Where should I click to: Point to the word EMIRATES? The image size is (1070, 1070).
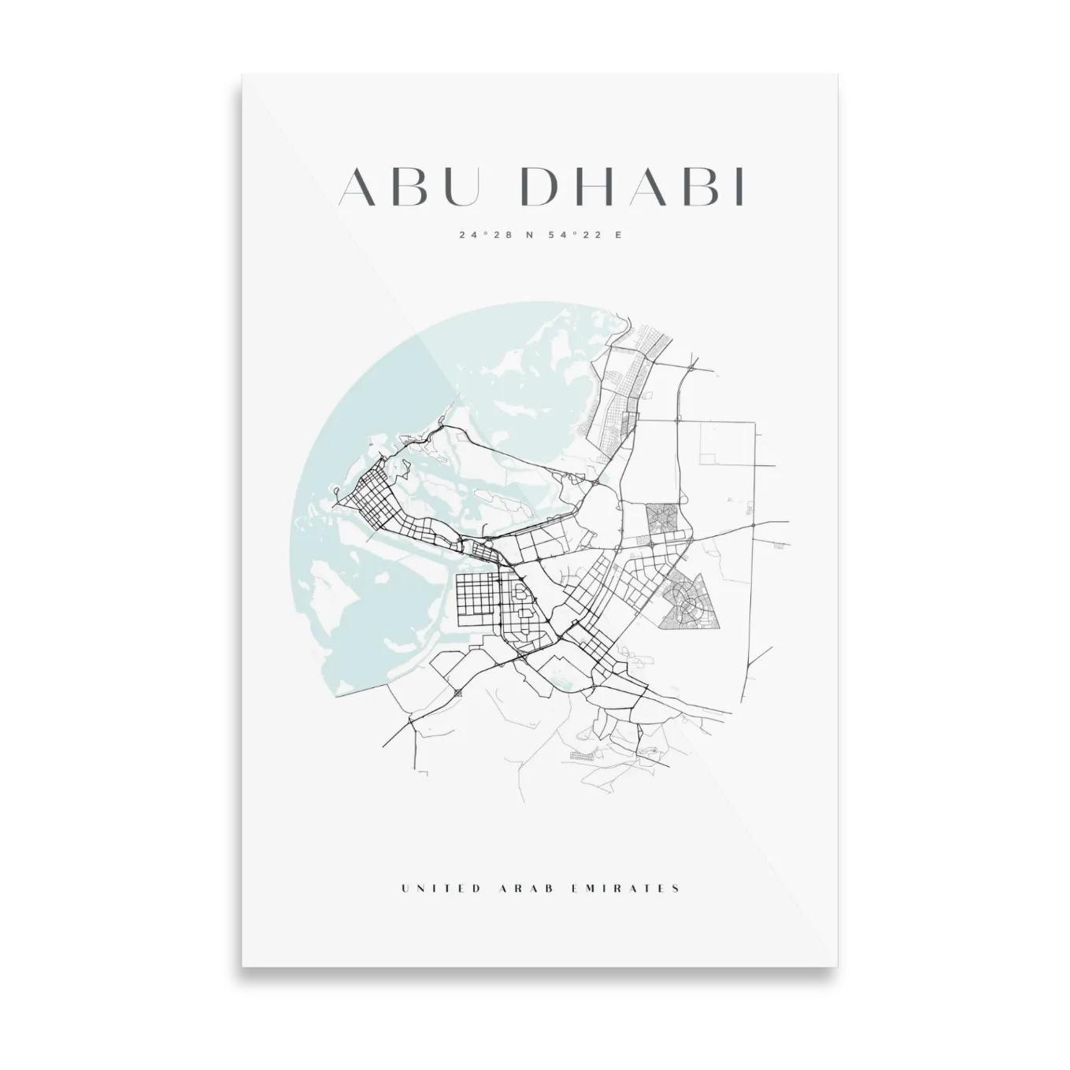[624, 888]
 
